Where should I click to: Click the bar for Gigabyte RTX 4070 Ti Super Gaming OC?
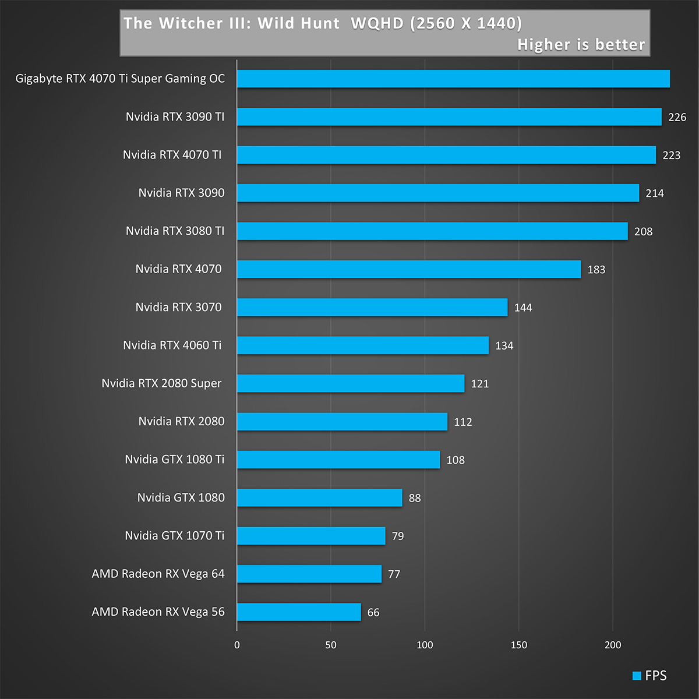coord(453,79)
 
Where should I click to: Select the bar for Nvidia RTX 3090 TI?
coord(449,116)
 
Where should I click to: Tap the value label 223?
coord(671,156)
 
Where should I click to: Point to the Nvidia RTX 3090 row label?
coord(181,193)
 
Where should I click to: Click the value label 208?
coord(643,232)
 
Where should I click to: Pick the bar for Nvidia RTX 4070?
coord(409,269)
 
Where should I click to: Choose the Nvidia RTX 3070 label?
coord(178,307)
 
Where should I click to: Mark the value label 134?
coord(504,346)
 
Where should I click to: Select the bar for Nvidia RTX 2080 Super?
coord(351,383)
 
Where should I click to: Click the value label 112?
coord(463,422)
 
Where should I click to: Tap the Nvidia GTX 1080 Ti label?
coord(174,460)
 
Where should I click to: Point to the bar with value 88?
coord(319,497)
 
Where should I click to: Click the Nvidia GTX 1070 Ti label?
coord(174,536)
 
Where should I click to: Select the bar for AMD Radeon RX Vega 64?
coord(309,574)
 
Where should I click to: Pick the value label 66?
coord(373,613)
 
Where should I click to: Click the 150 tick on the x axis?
coord(518,645)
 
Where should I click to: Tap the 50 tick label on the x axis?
coord(331,645)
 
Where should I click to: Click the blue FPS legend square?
coord(637,676)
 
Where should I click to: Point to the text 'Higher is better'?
coord(581,45)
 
